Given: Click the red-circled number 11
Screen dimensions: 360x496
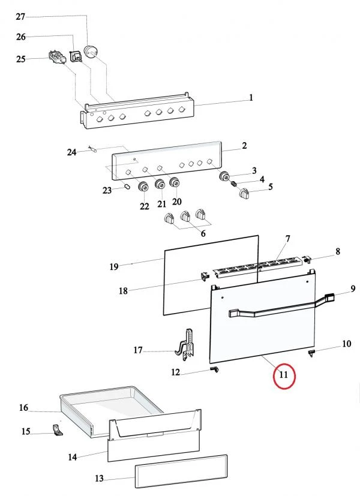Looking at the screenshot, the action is pyautogui.click(x=283, y=375).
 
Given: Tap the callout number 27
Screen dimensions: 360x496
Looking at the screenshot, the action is pyautogui.click(x=20, y=16).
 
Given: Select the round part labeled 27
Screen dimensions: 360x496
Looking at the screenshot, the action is pyautogui.click(x=91, y=51).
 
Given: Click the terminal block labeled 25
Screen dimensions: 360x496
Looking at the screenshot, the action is pyautogui.click(x=58, y=57).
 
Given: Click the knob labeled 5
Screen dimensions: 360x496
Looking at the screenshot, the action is pyautogui.click(x=245, y=193).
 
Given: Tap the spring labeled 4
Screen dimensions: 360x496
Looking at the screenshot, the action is pyautogui.click(x=233, y=183).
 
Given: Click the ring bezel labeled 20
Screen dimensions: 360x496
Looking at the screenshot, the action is pyautogui.click(x=175, y=182).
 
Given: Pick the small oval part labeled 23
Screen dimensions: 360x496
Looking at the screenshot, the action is pyautogui.click(x=127, y=187).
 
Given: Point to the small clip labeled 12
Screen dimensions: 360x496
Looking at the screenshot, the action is pyautogui.click(x=215, y=369).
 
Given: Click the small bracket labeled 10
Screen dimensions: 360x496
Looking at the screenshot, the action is pyautogui.click(x=312, y=353).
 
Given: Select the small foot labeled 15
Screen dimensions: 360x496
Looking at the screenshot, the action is pyautogui.click(x=57, y=430).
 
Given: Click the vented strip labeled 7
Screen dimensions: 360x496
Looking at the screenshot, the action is pyautogui.click(x=258, y=267).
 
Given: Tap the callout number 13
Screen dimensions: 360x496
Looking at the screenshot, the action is pyautogui.click(x=100, y=478).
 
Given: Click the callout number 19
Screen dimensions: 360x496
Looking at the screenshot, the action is pyautogui.click(x=114, y=267).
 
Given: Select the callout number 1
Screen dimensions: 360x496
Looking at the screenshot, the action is pyautogui.click(x=251, y=97).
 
